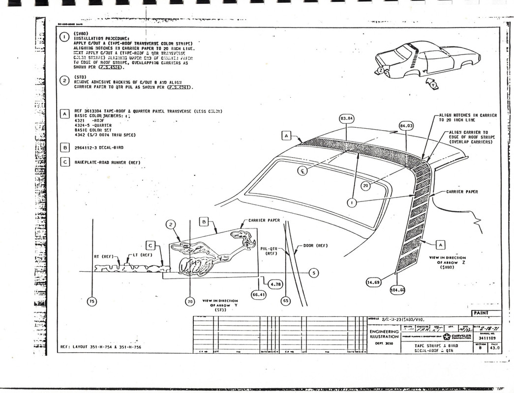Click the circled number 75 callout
click(x=91, y=301)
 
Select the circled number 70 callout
click(x=189, y=301)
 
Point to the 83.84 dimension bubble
click(x=347, y=118)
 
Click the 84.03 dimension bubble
click(x=407, y=126)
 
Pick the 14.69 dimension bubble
click(x=374, y=282)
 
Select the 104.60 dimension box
click(x=397, y=290)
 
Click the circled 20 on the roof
click(x=365, y=186)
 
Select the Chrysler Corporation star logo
click(x=447, y=337)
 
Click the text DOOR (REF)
click(x=315, y=245)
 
